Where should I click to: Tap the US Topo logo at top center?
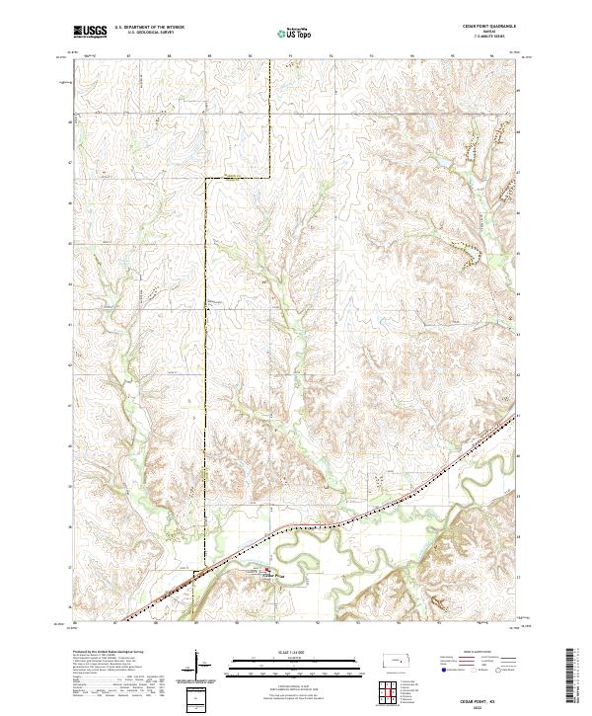294,34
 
